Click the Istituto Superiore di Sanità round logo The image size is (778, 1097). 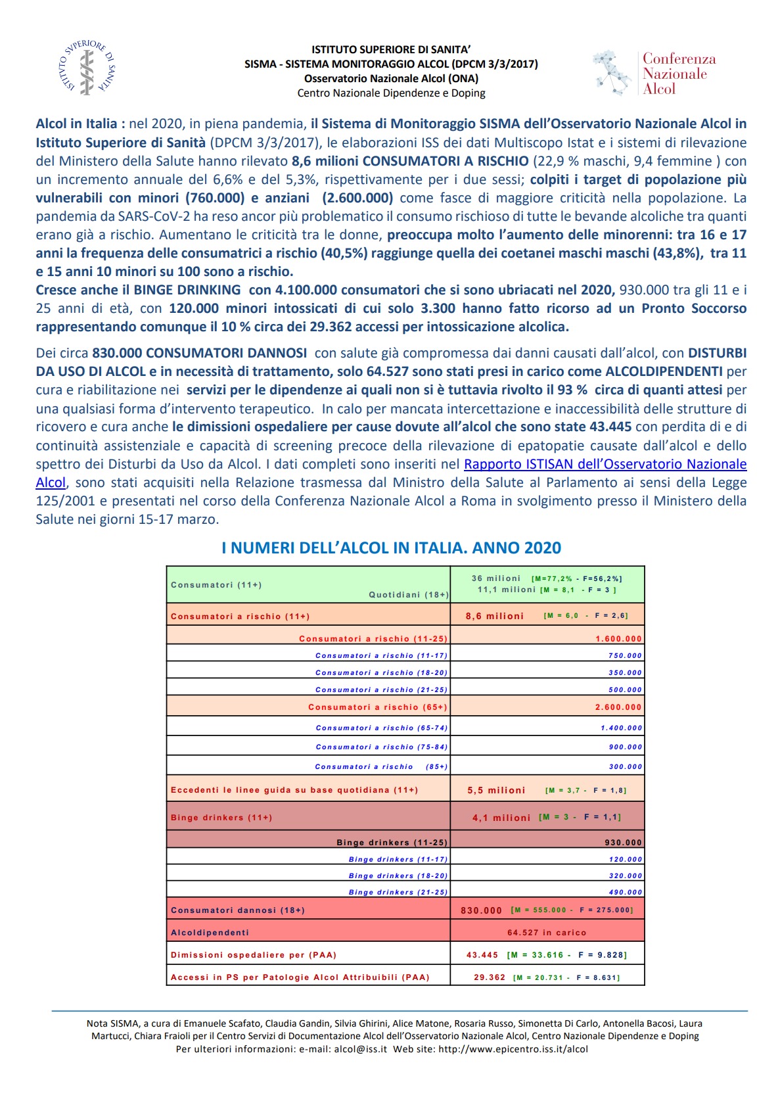click(x=87, y=68)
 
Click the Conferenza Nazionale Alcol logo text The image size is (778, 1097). click(x=678, y=74)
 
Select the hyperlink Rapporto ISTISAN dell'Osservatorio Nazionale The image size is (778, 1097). click(x=605, y=464)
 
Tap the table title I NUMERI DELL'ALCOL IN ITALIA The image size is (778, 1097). click(x=391, y=548)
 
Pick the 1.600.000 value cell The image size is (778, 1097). click(x=618, y=639)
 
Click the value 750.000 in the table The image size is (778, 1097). click(x=624, y=656)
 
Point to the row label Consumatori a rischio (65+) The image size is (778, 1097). click(x=377, y=707)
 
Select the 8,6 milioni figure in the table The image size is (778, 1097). click(x=494, y=617)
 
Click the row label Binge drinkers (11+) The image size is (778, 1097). click(x=221, y=818)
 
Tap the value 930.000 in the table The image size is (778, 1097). click(x=623, y=843)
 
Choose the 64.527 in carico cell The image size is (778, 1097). click(x=546, y=933)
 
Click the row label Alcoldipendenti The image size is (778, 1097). click(x=210, y=933)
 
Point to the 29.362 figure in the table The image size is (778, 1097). click(x=490, y=977)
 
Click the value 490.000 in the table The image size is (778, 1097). click(x=625, y=893)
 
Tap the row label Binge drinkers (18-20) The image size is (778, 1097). click(x=398, y=876)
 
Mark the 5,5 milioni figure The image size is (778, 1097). click(x=496, y=791)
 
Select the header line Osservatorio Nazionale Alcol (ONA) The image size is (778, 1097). click(x=391, y=79)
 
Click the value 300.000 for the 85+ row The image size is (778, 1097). click(x=625, y=767)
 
